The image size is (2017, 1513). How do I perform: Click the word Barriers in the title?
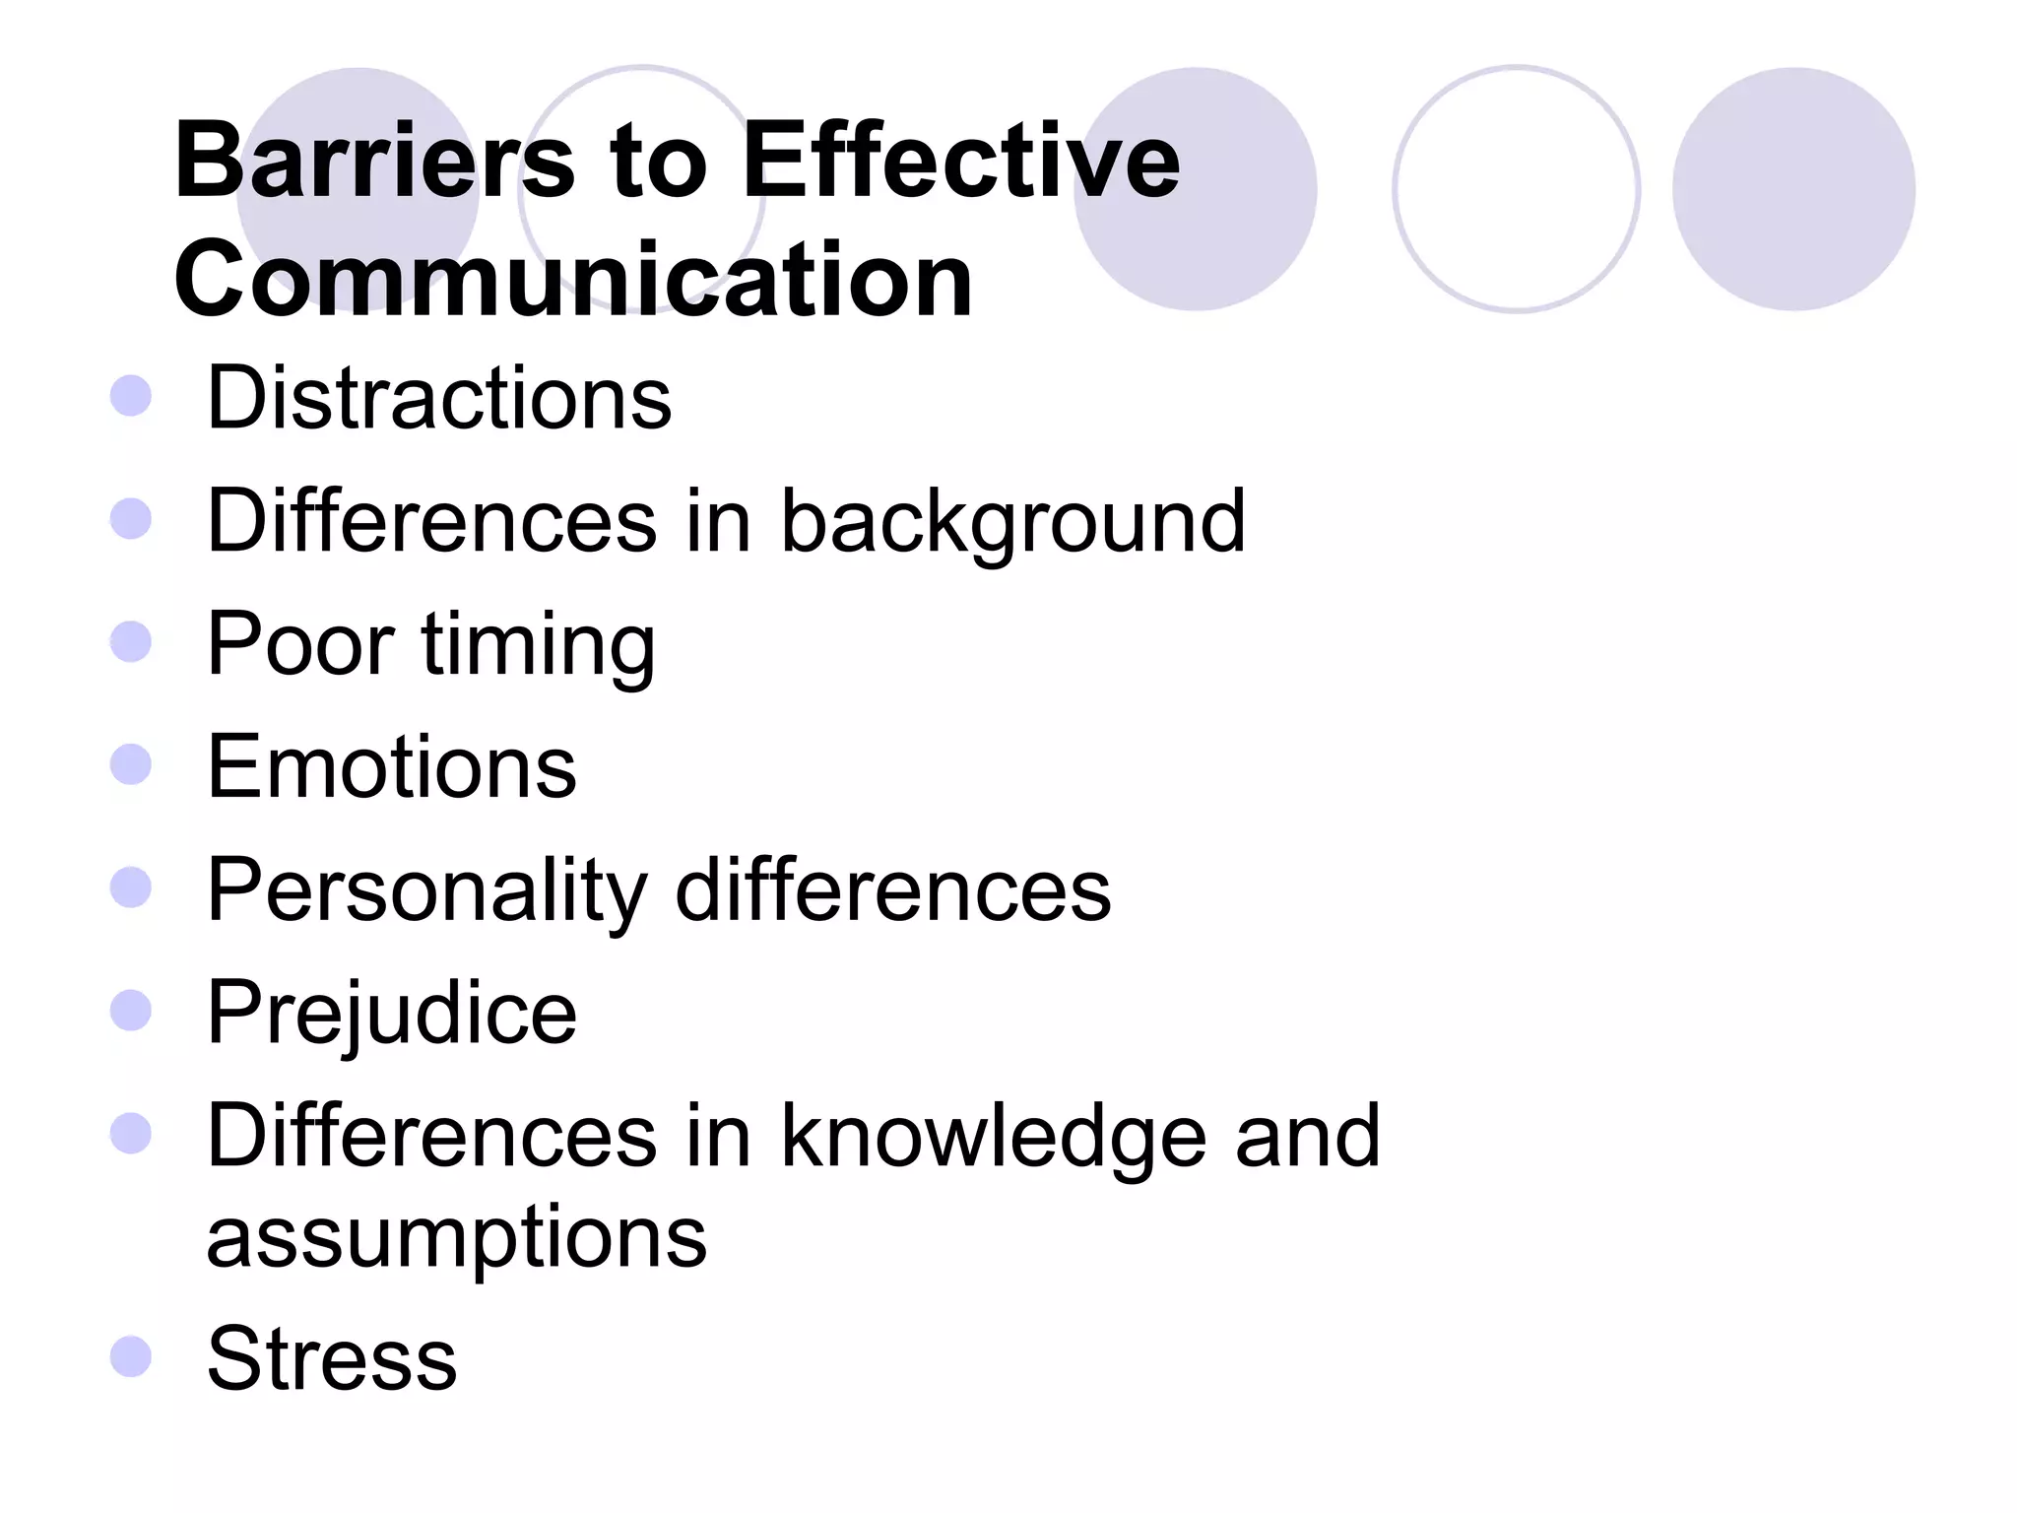pyautogui.click(x=374, y=160)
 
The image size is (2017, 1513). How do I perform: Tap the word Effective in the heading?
pyautogui.click(x=960, y=160)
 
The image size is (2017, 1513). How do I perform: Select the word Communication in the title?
pyautogui.click(x=573, y=280)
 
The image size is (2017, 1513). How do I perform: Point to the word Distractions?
pyautogui.click(x=439, y=398)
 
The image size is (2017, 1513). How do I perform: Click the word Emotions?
pyautogui.click(x=392, y=766)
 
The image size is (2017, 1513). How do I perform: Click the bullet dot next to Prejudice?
pyautogui.click(x=131, y=1011)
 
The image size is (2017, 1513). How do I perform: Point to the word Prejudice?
pyautogui.click(x=392, y=1015)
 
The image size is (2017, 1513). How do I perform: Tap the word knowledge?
pyautogui.click(x=994, y=1138)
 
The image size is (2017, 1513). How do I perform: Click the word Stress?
pyautogui.click(x=332, y=1358)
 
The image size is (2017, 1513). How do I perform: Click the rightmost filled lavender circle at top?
pyautogui.click(x=1793, y=189)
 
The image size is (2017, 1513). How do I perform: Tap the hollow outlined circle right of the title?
pyautogui.click(x=1516, y=189)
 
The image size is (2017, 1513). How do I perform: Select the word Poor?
pyautogui.click(x=300, y=644)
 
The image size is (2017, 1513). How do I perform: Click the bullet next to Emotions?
pyautogui.click(x=131, y=764)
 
